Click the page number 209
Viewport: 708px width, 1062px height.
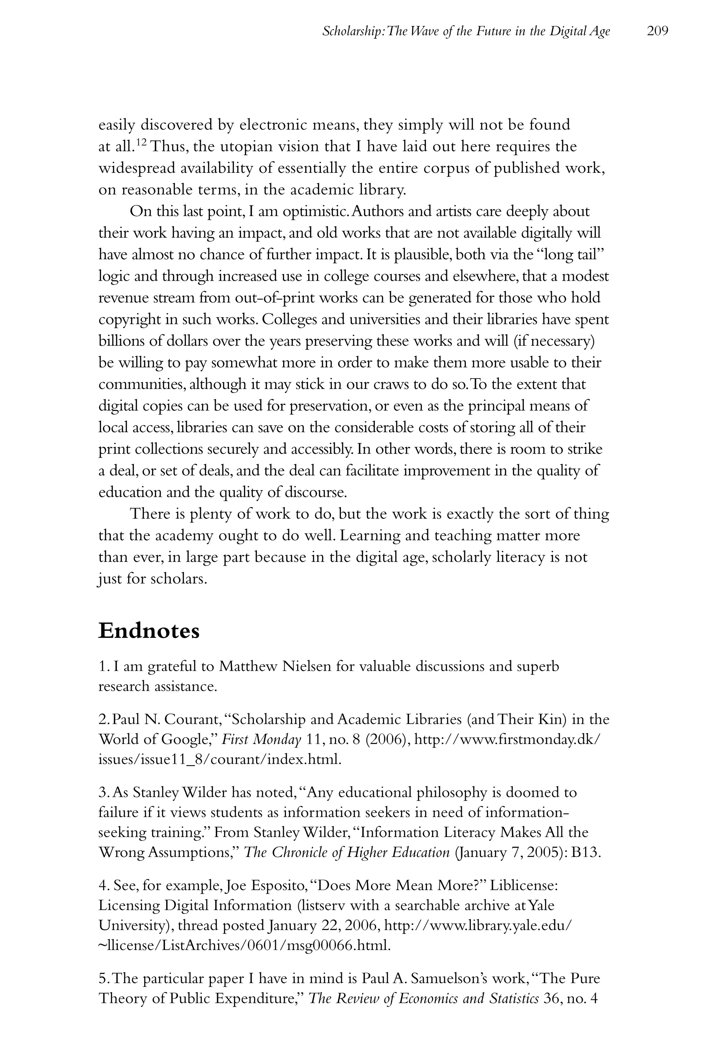pos(657,31)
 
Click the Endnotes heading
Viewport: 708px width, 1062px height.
pos(149,630)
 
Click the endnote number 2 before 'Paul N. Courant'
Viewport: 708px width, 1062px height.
pos(102,719)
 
